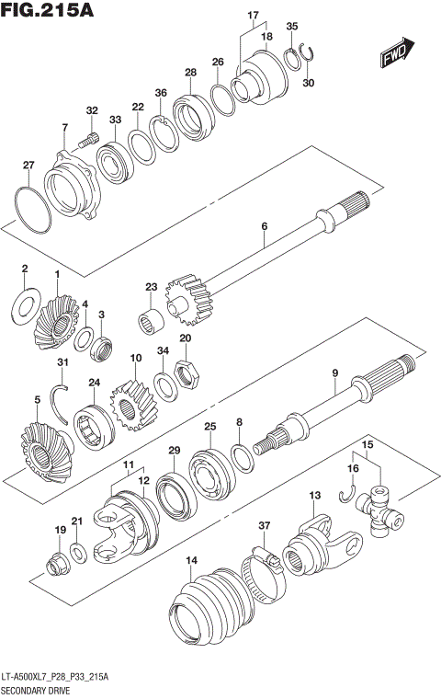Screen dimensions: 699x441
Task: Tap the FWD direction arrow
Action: click(x=395, y=58)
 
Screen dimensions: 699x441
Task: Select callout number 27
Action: click(x=28, y=166)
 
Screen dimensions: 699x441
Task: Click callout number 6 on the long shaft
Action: click(x=264, y=225)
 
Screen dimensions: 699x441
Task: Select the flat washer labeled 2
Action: click(x=25, y=300)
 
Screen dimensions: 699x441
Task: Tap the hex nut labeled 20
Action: click(x=184, y=371)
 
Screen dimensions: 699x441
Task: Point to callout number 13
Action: click(x=314, y=496)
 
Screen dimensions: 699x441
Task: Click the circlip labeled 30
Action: click(x=313, y=56)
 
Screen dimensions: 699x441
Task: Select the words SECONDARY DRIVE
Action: click(x=34, y=688)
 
